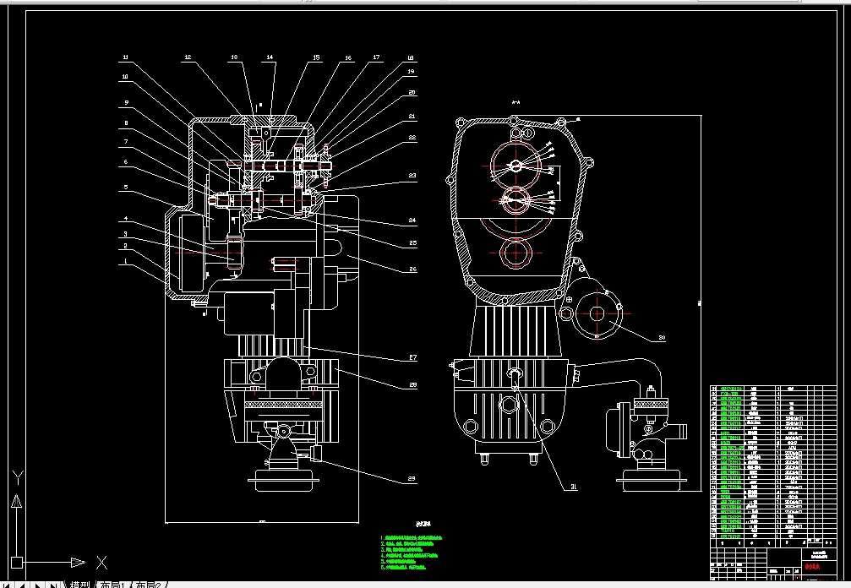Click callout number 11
(125, 57)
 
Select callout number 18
(411, 57)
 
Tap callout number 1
(125, 261)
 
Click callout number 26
(412, 269)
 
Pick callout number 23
(412, 176)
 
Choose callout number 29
(412, 479)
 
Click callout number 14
(270, 57)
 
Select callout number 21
(412, 116)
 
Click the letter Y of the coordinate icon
(15, 477)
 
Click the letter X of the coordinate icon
(101, 562)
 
